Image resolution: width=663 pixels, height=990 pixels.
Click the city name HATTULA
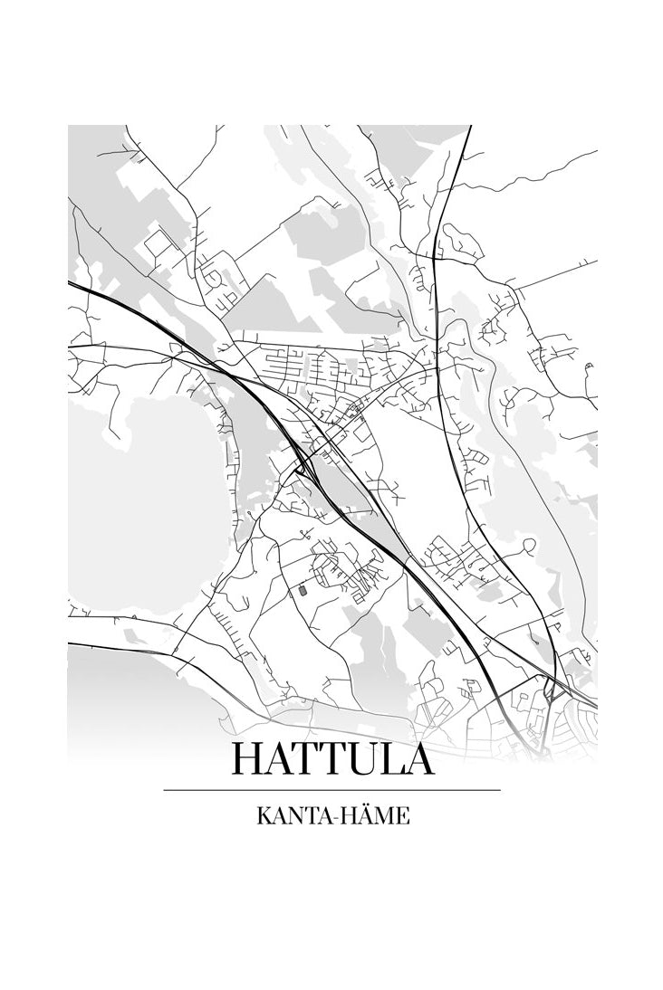[332, 758]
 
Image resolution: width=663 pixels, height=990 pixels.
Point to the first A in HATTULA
[283, 758]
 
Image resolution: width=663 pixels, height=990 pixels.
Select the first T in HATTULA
[312, 758]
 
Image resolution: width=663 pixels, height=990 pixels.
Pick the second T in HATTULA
[341, 758]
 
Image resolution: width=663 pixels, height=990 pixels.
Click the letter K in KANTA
[263, 816]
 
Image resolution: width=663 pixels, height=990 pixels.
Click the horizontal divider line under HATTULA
[331, 790]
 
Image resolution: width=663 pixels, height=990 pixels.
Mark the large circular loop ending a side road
[529, 545]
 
